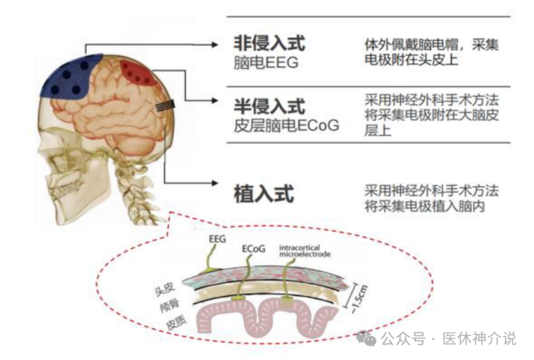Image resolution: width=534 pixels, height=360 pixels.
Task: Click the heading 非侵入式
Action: pos(269,43)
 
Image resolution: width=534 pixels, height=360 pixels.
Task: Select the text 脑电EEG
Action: pos(266,62)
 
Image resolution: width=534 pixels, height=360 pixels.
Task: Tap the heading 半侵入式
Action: pos(269,107)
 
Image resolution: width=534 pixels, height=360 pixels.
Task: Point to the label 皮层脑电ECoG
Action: pos(286,125)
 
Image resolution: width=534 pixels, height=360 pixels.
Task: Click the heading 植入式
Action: pos(264,194)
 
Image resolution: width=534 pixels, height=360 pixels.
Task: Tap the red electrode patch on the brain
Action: pos(138,73)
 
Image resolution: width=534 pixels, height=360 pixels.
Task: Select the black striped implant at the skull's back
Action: pos(165,106)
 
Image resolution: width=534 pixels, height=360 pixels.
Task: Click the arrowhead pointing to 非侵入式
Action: pos(214,45)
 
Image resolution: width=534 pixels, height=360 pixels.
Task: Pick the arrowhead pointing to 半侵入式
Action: pos(214,101)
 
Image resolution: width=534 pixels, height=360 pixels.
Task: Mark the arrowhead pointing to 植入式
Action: pos(214,183)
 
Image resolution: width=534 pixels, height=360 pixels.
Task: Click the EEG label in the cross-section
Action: pos(217,239)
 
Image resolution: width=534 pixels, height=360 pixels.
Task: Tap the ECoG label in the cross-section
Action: pos(253,249)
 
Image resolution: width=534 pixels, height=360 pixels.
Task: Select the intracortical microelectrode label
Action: pos(305,251)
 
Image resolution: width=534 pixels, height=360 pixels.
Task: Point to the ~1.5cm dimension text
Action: pos(359,300)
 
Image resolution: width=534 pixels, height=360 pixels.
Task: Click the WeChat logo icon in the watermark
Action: pos(366,338)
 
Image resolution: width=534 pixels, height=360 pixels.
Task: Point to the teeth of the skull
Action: pos(68,186)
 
